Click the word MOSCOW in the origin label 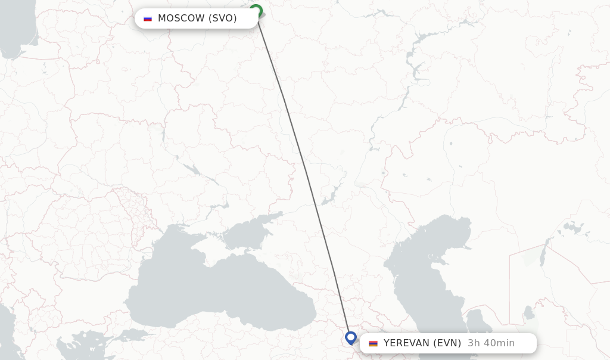coord(181,18)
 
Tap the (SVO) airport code coord(222,18)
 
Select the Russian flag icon coord(148,18)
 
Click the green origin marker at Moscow coord(256,10)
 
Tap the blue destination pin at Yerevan coord(350,337)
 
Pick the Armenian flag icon coord(373,343)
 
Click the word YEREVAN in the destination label coord(406,343)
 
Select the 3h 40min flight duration coord(491,343)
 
